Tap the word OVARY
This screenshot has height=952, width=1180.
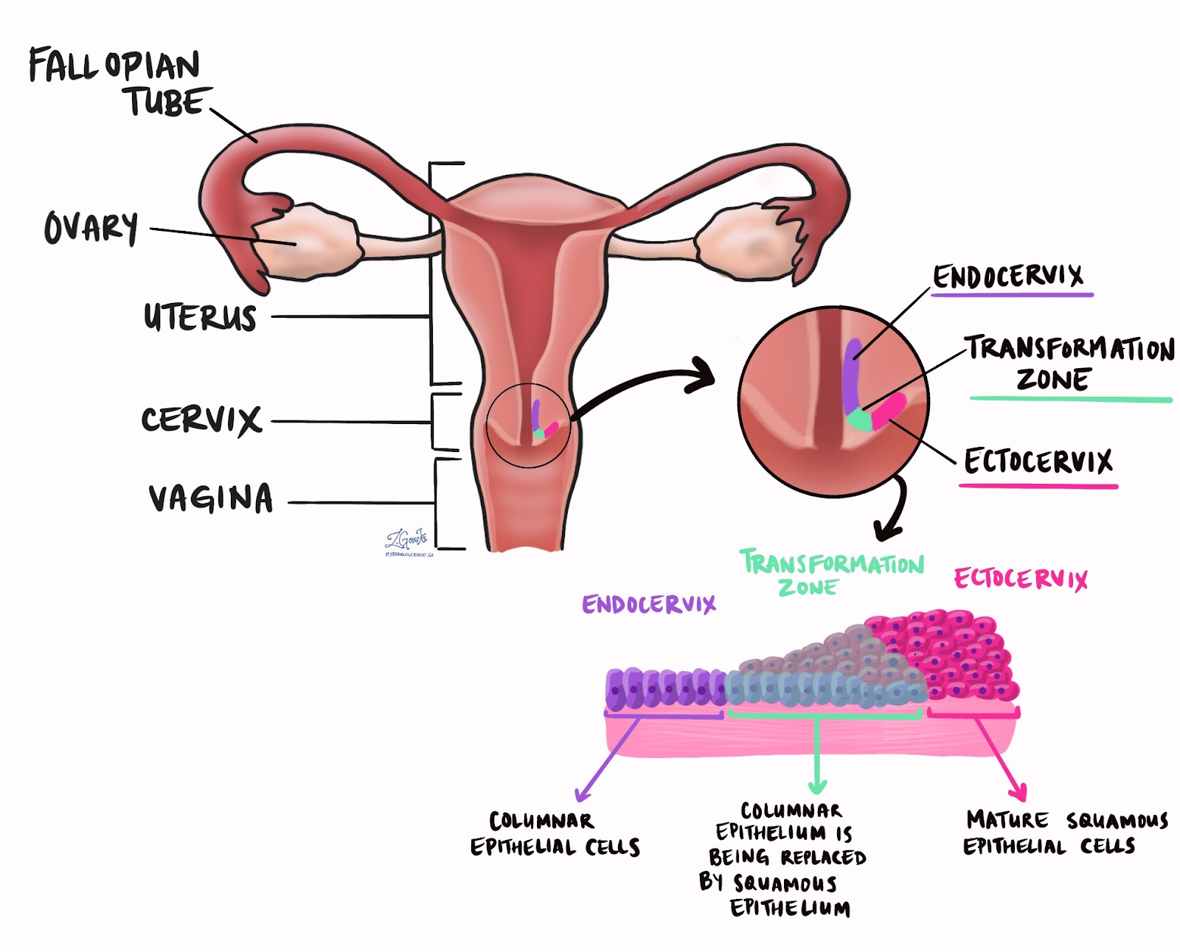(x=91, y=227)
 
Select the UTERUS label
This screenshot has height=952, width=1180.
(x=200, y=317)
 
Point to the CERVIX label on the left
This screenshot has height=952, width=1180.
(x=201, y=420)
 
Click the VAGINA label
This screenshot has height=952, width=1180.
(x=211, y=498)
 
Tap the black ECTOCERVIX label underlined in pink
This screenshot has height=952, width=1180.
(x=1038, y=462)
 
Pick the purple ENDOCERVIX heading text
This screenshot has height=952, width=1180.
(x=648, y=605)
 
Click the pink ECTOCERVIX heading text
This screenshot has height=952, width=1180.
(x=1021, y=579)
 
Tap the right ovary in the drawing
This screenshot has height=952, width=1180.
(x=745, y=243)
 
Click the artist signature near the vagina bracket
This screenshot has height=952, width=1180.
(x=407, y=542)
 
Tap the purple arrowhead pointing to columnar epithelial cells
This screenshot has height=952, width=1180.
(x=582, y=796)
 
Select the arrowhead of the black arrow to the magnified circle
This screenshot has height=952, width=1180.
(x=704, y=373)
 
